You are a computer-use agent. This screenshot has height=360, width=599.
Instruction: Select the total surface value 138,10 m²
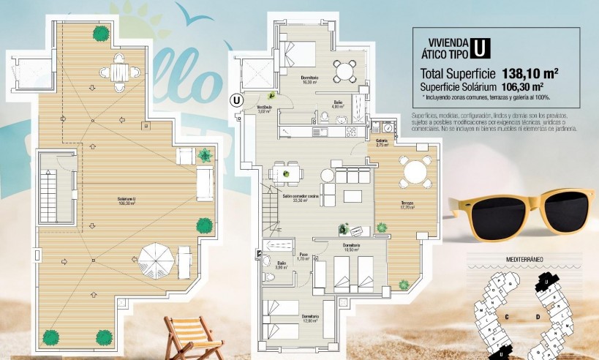pyautogui.click(x=530, y=74)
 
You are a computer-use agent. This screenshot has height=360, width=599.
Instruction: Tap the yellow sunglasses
pyautogui.click(x=524, y=209)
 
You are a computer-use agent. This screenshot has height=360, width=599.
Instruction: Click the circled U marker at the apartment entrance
pyautogui.click(x=236, y=100)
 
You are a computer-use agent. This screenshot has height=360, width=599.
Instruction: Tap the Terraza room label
pyautogui.click(x=407, y=204)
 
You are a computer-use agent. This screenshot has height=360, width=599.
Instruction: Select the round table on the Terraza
pyautogui.click(x=415, y=173)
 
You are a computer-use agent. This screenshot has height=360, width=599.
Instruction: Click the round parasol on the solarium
pyautogui.click(x=157, y=257)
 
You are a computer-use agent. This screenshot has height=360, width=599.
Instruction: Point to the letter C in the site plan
pyautogui.click(x=506, y=317)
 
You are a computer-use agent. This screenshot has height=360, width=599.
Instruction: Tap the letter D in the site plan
pyautogui.click(x=538, y=317)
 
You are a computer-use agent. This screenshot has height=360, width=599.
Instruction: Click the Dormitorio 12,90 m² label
pyautogui.click(x=309, y=318)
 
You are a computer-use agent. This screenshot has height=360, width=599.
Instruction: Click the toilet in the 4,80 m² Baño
pyautogui.click(x=324, y=115)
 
